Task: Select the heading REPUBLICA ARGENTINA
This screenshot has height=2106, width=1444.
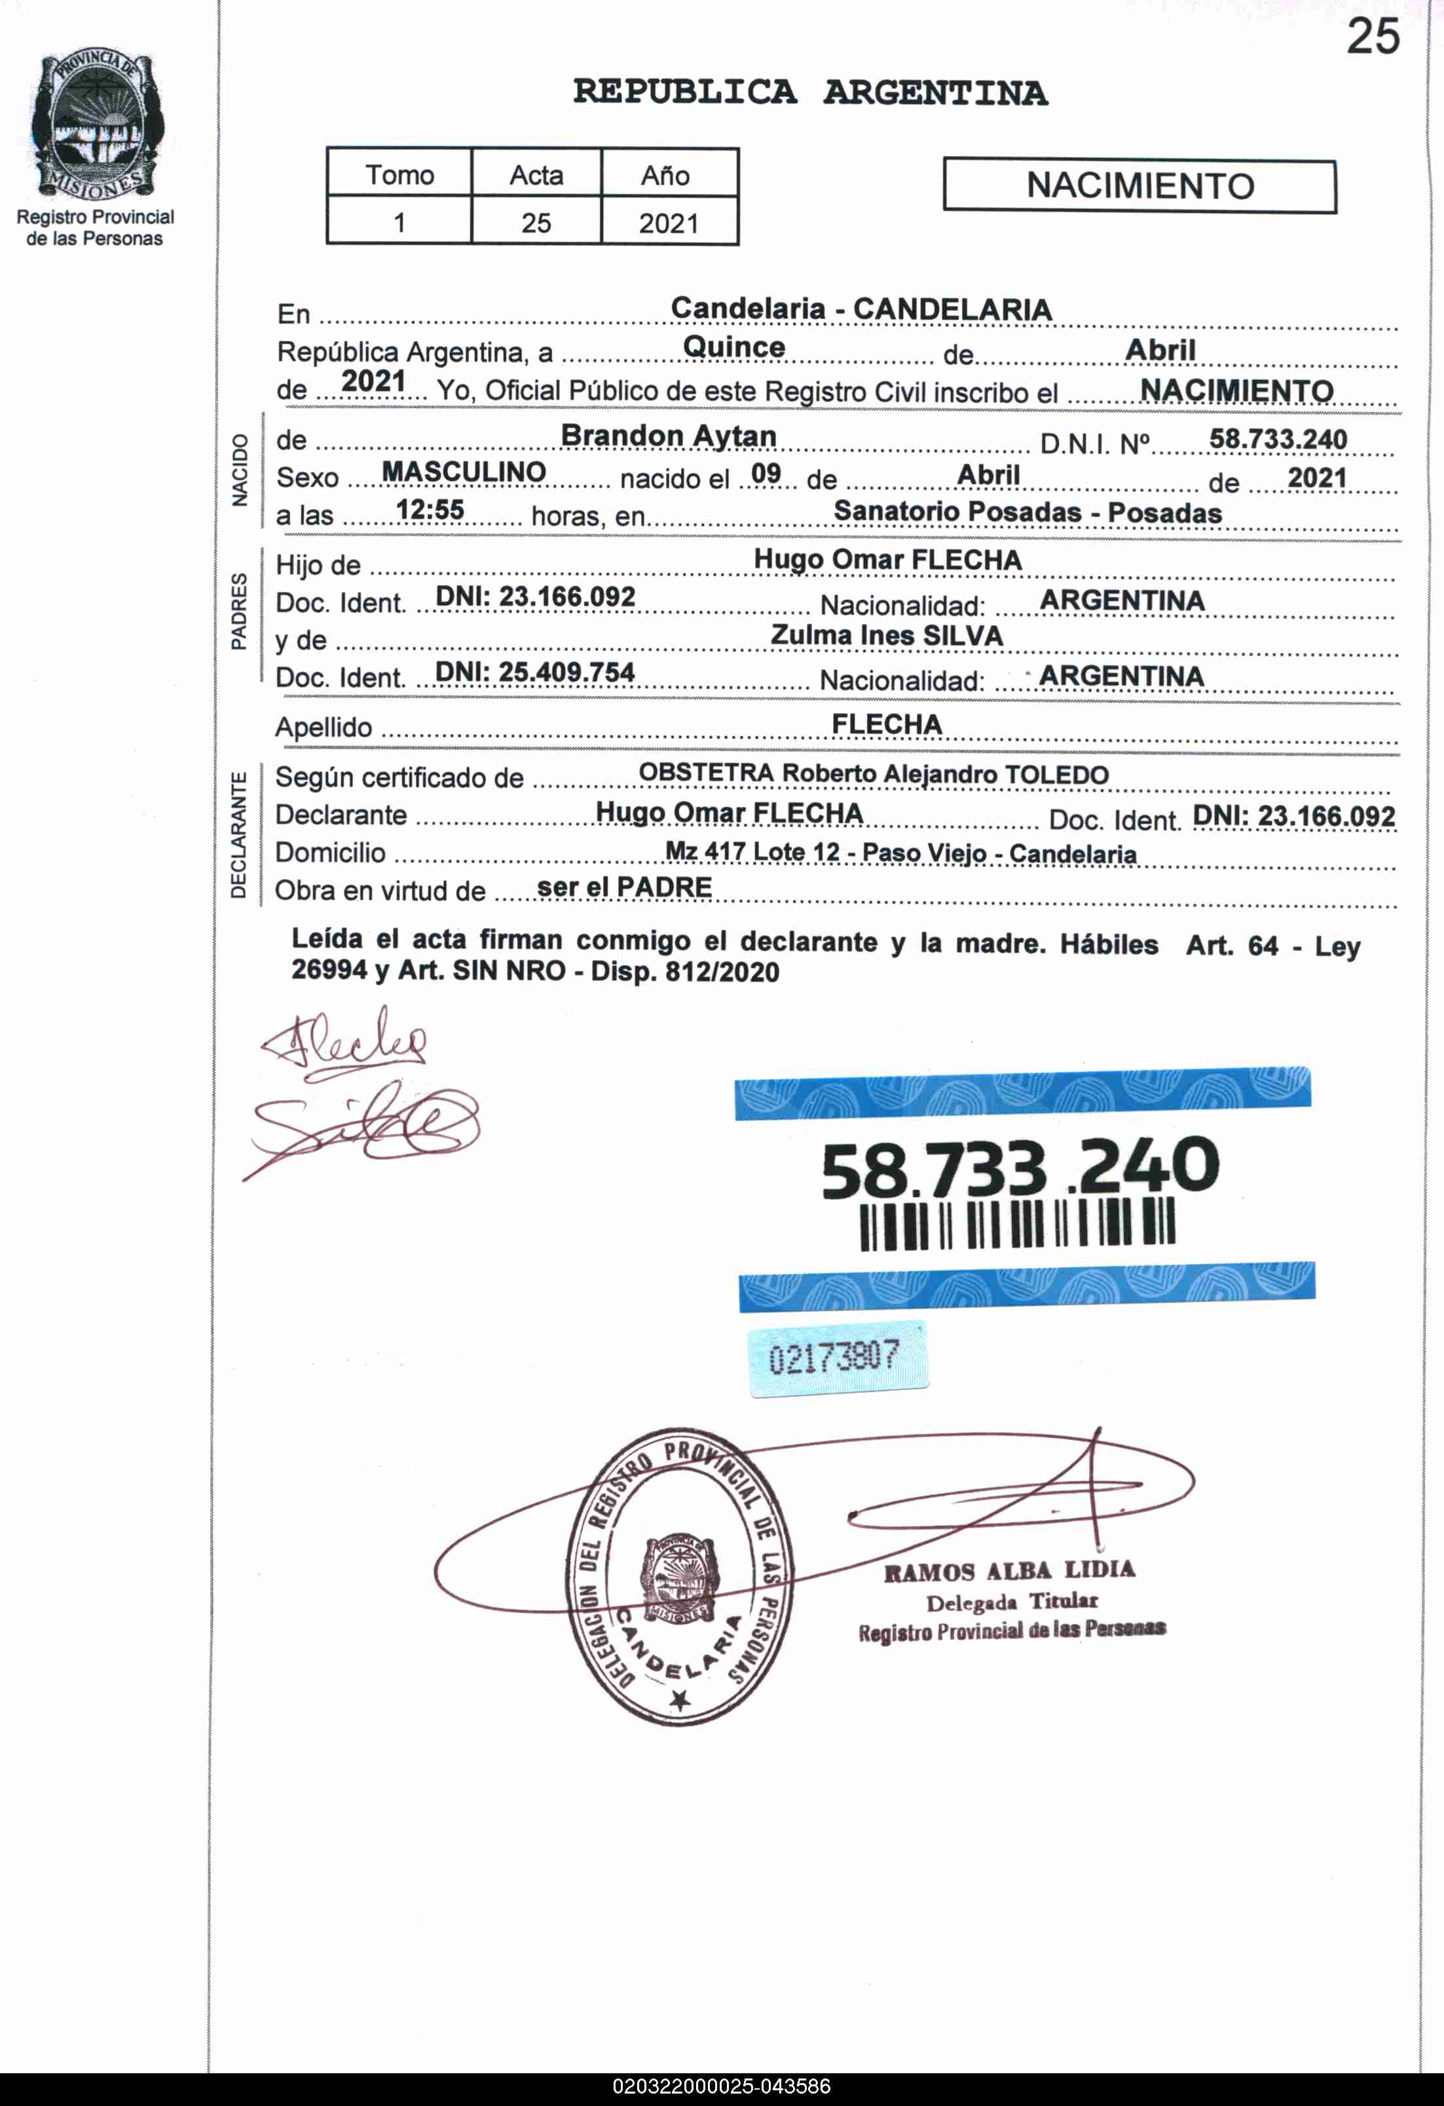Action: click(809, 92)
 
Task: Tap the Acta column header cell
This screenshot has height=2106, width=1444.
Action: click(536, 174)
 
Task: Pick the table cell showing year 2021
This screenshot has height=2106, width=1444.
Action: click(669, 223)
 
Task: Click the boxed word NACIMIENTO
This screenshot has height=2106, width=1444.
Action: click(1139, 186)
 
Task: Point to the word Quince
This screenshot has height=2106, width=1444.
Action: click(733, 347)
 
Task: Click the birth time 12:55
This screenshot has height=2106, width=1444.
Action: click(430, 510)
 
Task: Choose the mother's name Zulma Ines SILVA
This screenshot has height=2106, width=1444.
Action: click(887, 636)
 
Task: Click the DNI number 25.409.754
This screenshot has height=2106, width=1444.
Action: click(535, 673)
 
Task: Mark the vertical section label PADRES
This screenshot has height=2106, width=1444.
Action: click(238, 611)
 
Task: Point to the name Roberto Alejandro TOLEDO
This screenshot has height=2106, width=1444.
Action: click(946, 775)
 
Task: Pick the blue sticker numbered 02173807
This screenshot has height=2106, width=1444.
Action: click(838, 1358)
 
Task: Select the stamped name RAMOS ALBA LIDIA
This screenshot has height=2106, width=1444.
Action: click(1009, 1570)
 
